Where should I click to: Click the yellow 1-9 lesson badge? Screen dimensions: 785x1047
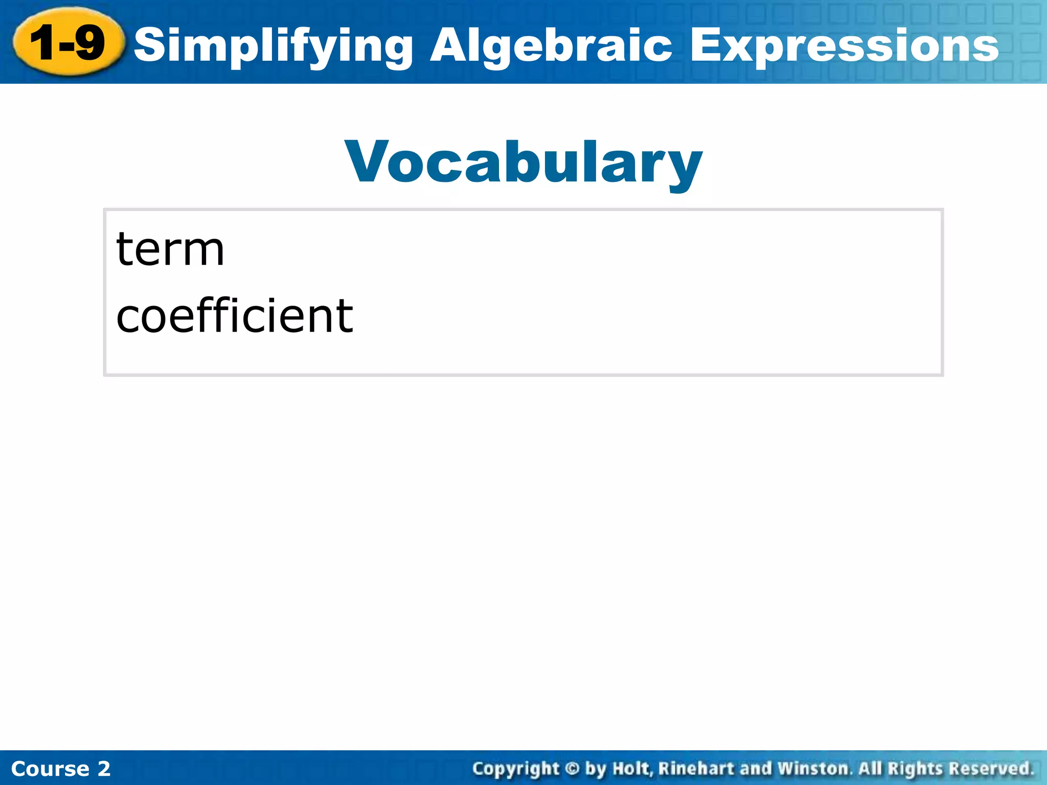click(68, 42)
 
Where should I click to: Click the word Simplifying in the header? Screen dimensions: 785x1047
click(274, 46)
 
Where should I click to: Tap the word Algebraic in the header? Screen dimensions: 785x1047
click(551, 46)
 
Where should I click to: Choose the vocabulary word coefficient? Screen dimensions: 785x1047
click(235, 315)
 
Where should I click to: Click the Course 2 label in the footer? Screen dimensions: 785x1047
click(60, 769)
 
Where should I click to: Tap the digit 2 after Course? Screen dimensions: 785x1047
click(104, 769)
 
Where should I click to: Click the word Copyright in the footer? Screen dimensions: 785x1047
click(516, 769)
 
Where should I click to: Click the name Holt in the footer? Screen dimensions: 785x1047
click(632, 769)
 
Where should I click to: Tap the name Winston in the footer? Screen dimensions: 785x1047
click(813, 769)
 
